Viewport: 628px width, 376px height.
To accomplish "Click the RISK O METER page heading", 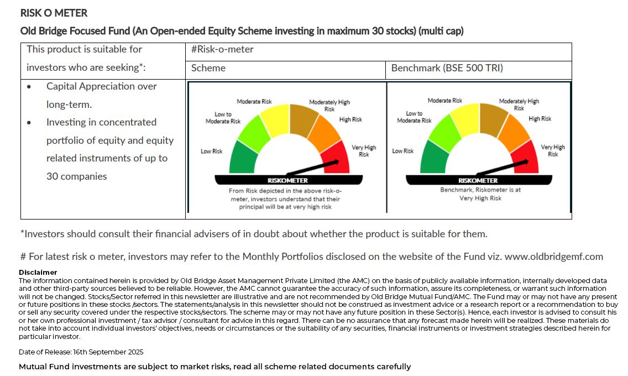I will click(54, 13).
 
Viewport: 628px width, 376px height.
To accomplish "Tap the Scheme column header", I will click(208, 68).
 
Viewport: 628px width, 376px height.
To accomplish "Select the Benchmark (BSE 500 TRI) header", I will click(447, 68).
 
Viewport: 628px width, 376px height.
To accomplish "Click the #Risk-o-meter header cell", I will click(222, 49).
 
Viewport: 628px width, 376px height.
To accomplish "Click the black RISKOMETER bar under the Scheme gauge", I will click(288, 180).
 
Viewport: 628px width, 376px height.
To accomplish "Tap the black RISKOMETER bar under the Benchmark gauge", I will click(478, 180).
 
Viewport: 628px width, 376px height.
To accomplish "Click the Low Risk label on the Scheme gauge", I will click(211, 152).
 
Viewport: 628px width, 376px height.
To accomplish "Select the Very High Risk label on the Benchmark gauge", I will click(553, 150).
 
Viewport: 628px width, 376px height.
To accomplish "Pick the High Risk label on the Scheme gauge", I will click(350, 119).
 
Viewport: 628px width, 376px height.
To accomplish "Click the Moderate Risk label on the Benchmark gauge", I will click(445, 101).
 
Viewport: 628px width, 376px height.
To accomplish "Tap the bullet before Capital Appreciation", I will click(29, 87).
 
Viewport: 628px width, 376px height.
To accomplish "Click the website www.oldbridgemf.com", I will click(554, 257).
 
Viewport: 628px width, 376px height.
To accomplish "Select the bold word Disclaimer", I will click(38, 273).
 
